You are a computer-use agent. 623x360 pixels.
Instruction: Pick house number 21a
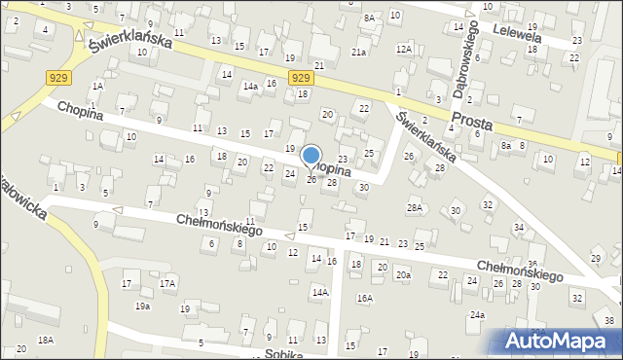(x=358, y=52)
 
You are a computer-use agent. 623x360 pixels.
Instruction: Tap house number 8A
(x=369, y=18)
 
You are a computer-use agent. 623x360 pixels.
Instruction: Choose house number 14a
(x=250, y=87)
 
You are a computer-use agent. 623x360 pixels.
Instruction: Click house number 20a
(x=403, y=275)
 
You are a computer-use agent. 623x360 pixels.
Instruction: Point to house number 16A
(x=364, y=299)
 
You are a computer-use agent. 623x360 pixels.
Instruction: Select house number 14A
(x=319, y=292)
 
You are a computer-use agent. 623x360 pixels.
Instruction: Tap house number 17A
(x=167, y=284)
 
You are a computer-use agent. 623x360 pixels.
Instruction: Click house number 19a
(x=142, y=306)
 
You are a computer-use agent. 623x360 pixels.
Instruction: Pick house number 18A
(x=45, y=340)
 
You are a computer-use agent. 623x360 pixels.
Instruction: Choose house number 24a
(x=477, y=315)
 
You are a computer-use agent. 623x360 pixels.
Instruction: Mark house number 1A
(x=96, y=87)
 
